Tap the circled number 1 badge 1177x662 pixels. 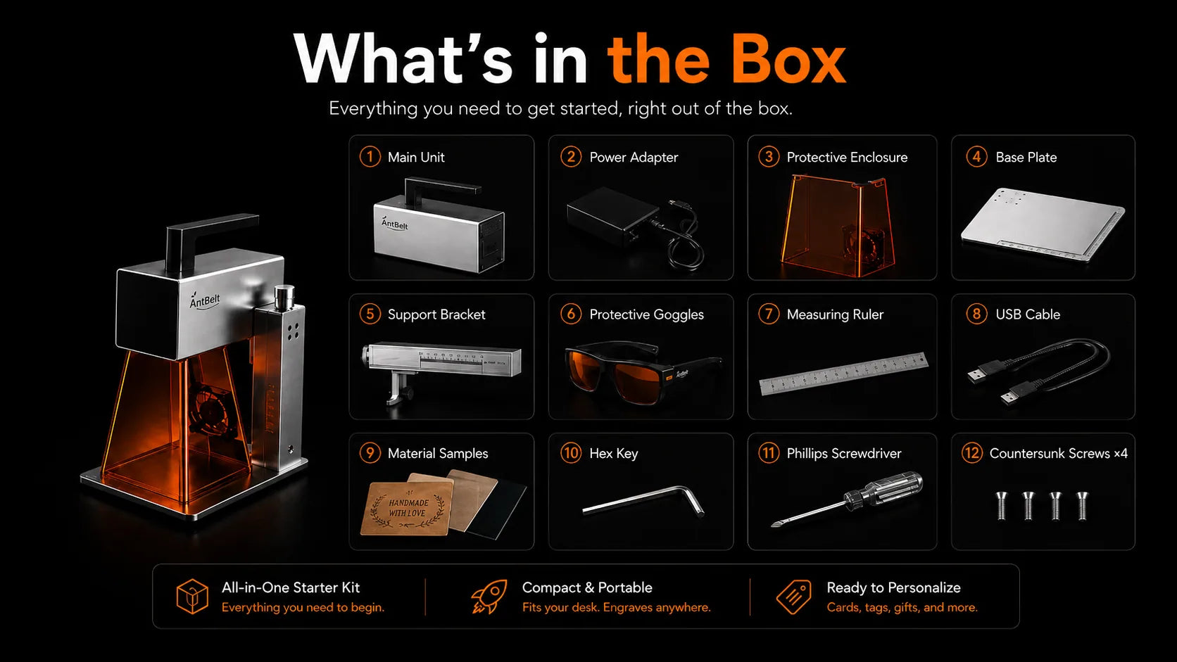pos(370,156)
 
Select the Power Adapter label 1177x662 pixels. pos(633,157)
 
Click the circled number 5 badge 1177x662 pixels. pos(370,314)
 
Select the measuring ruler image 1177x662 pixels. pos(843,374)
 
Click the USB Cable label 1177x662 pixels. pos(1027,314)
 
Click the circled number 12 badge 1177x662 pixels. pos(971,452)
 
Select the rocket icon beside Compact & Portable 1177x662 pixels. pos(489,597)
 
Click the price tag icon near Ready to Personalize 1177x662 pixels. pos(793,597)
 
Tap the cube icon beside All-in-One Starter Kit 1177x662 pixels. pos(192,597)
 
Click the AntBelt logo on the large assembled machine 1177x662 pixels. pos(204,300)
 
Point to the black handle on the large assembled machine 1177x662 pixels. pos(211,239)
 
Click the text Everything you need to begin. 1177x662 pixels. pos(303,607)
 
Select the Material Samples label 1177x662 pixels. pos(438,453)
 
